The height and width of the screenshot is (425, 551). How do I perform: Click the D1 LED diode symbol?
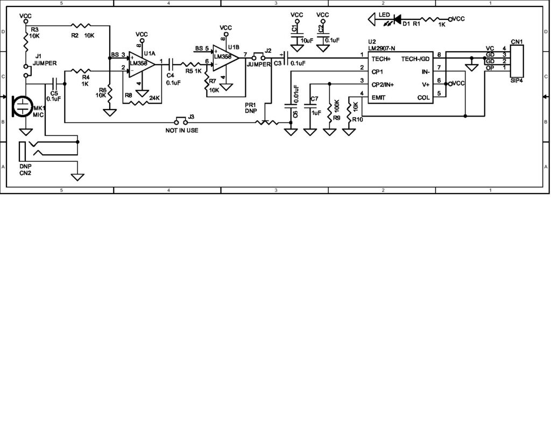click(x=398, y=19)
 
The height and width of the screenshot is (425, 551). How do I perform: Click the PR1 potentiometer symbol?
click(x=267, y=123)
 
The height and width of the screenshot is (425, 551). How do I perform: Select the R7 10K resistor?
click(x=207, y=85)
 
